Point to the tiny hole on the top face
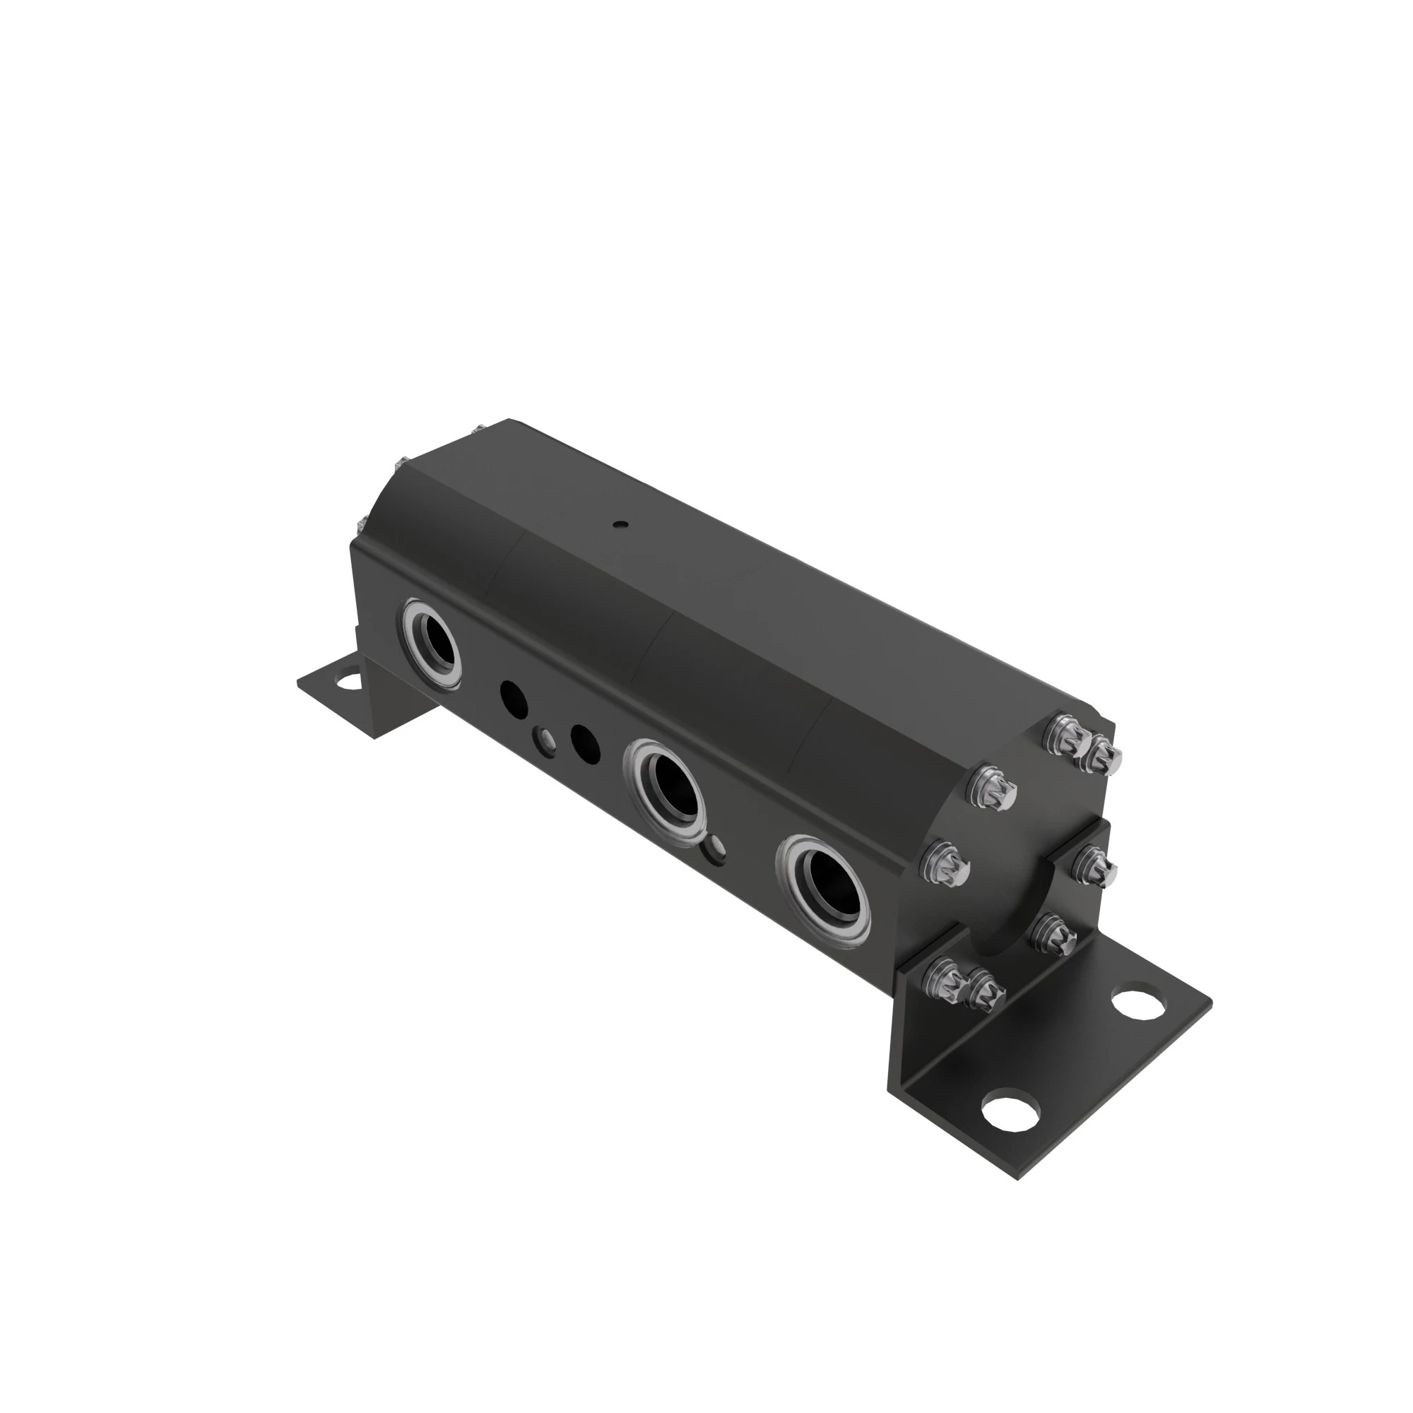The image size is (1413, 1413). pyautogui.click(x=620, y=524)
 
